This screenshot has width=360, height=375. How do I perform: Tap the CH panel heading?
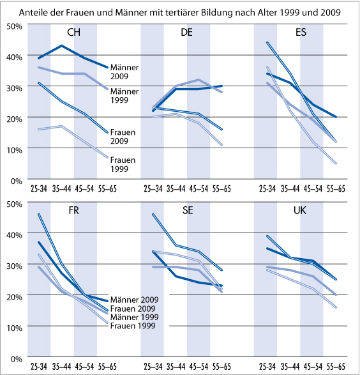point(74,34)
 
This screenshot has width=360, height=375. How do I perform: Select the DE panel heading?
point(188,34)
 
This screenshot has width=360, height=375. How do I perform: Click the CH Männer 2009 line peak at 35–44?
point(62,46)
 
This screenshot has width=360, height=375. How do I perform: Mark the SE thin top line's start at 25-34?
point(153,215)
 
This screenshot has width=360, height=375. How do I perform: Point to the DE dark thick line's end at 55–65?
point(222,86)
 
